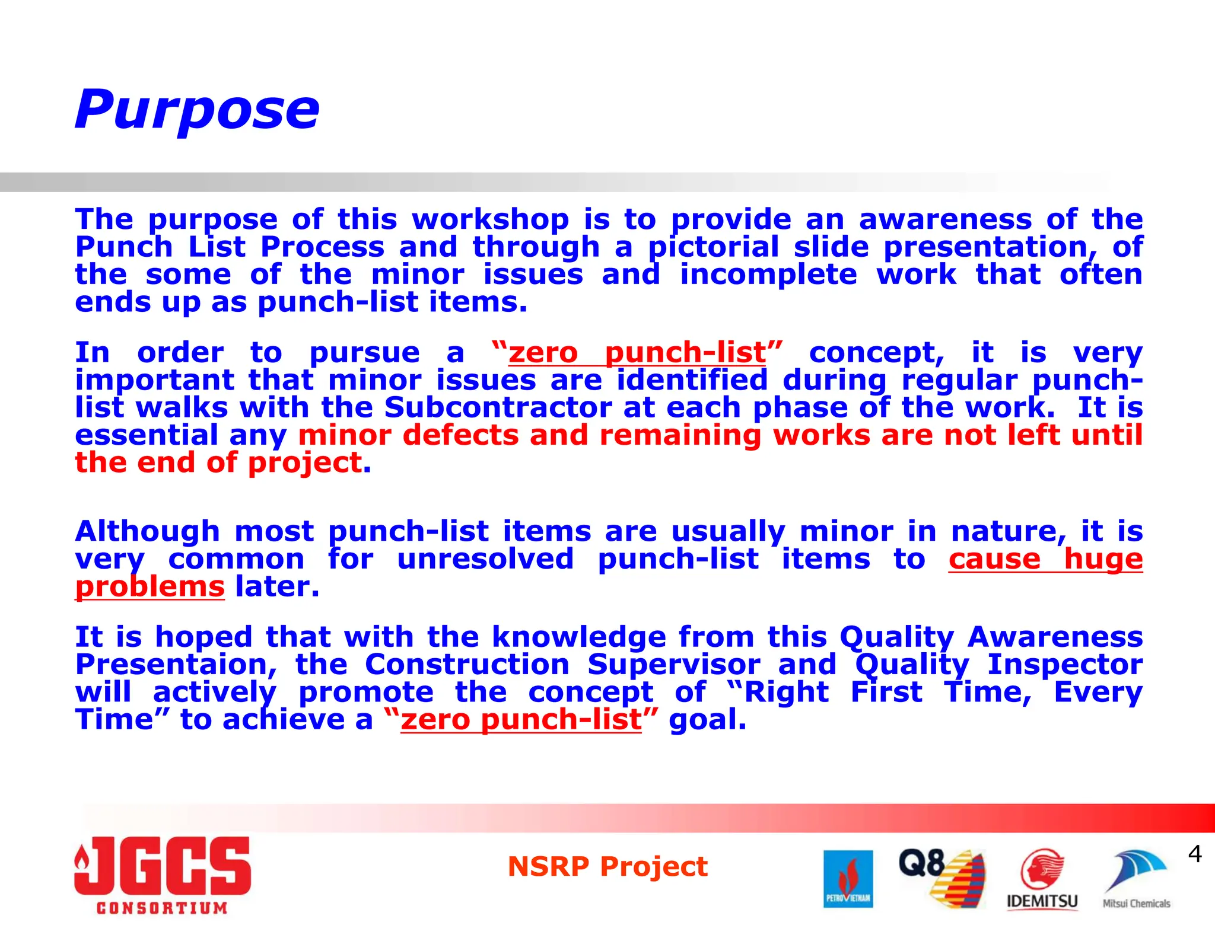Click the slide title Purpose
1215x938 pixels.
tap(197, 110)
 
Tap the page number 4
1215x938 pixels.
tap(1195, 854)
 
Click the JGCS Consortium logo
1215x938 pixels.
tap(163, 875)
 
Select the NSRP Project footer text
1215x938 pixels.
tap(607, 867)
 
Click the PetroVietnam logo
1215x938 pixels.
tap(848, 879)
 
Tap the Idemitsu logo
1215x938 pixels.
tap(1042, 880)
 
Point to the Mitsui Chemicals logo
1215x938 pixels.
tap(1136, 880)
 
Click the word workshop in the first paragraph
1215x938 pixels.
tap(491, 220)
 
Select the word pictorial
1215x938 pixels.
tap(713, 247)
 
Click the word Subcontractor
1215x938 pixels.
tap(498, 408)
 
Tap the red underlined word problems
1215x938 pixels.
tap(150, 587)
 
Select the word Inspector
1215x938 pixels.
tap(1064, 665)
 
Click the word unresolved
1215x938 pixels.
tap(485, 559)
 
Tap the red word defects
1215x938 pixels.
tap(460, 436)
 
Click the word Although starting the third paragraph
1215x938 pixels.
tap(147, 531)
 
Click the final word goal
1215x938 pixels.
tap(707, 720)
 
